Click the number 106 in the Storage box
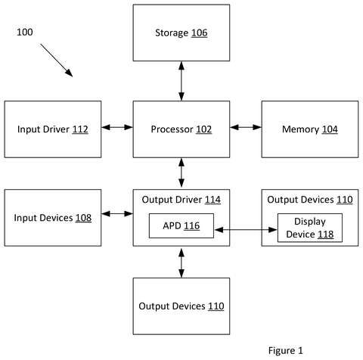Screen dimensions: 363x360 pos(199,33)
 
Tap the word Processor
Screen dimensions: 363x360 pos(172,129)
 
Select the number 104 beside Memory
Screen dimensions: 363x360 pos(330,129)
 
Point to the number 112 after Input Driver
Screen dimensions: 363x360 pos(80,129)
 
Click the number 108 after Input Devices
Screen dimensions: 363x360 pos(83,218)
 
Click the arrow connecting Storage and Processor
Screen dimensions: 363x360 pos(181,81)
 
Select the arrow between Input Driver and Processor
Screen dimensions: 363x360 pos(117,127)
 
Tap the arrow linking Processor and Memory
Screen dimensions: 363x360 pos(246,127)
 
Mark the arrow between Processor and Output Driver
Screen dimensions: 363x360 pos(181,173)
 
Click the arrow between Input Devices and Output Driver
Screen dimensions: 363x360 pos(117,214)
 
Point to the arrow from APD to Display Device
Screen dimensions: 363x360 pos(246,230)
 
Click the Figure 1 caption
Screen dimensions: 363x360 pos(285,350)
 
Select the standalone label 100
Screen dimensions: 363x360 pos(25,33)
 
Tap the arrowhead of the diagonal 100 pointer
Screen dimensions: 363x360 pos(70,73)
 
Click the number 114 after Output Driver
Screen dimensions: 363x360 pos(213,200)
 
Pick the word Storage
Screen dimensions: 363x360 pos(172,33)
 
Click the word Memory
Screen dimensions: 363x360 pos(300,129)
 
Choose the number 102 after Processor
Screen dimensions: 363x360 pos(203,129)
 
